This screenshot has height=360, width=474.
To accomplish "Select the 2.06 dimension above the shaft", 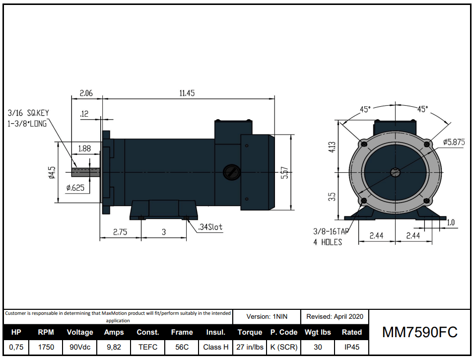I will tap(86, 93).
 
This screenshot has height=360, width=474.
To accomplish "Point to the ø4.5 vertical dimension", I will tap(52, 172).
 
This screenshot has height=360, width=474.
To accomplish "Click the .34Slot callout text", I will tap(210, 227).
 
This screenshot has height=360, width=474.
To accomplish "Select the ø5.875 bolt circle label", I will tap(454, 142).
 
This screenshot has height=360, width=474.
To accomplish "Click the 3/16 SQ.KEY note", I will tap(28, 113).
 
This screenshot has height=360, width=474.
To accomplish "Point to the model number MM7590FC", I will tap(419, 332).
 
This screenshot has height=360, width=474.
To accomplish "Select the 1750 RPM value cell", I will tap(46, 347).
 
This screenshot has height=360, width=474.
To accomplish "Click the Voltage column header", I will tap(80, 332).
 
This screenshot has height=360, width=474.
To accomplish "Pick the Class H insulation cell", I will tap(216, 347).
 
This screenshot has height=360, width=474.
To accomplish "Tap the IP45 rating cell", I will tap(351, 347).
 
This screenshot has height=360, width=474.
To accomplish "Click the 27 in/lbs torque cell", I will tap(250, 347).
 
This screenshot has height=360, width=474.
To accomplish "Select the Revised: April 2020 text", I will tap(335, 316).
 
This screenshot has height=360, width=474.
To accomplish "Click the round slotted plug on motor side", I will tap(230, 172).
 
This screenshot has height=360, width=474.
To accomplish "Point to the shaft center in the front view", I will tap(395, 172).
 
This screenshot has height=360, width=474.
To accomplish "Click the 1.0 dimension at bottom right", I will tap(451, 223).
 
